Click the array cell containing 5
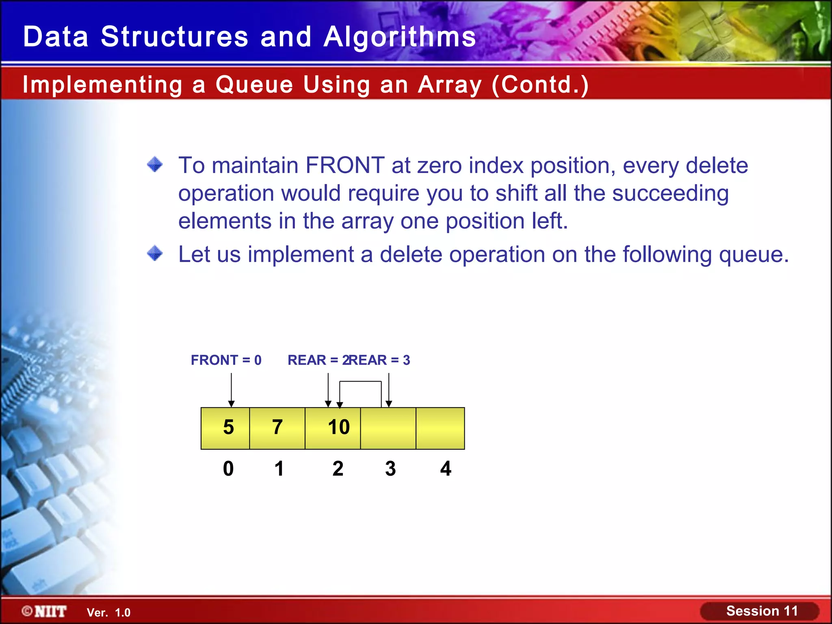click(225, 428)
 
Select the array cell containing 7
click(277, 428)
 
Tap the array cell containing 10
click(333, 428)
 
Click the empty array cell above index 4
click(440, 428)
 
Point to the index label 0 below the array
click(228, 469)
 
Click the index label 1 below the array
click(279, 469)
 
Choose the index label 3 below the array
click(390, 469)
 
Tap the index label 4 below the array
click(446, 469)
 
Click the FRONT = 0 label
click(226, 360)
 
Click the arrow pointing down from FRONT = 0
click(231, 390)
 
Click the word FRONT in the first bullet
click(345, 165)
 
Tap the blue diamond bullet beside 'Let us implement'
click(155, 254)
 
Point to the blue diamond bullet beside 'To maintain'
click(155, 165)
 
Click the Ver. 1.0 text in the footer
click(108, 613)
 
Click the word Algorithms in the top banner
click(400, 37)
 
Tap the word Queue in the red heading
click(254, 84)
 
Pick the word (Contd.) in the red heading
click(540, 84)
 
